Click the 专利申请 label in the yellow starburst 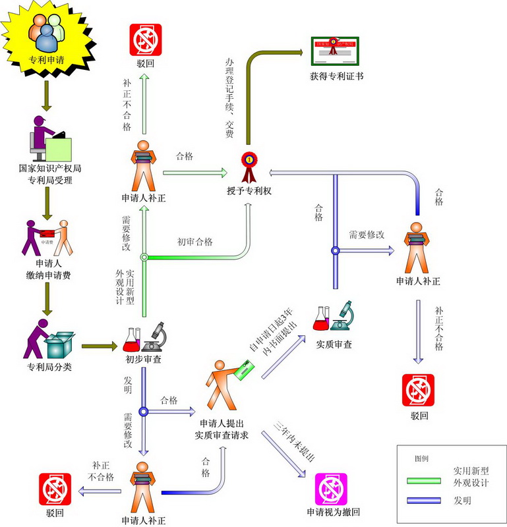point(47,59)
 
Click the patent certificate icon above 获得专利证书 point(336,48)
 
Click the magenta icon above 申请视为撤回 point(332,489)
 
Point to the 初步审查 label point(143,360)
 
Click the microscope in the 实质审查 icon point(345,315)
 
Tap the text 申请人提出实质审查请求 point(221,429)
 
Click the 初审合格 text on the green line point(194,242)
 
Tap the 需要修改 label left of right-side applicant point(367,235)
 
